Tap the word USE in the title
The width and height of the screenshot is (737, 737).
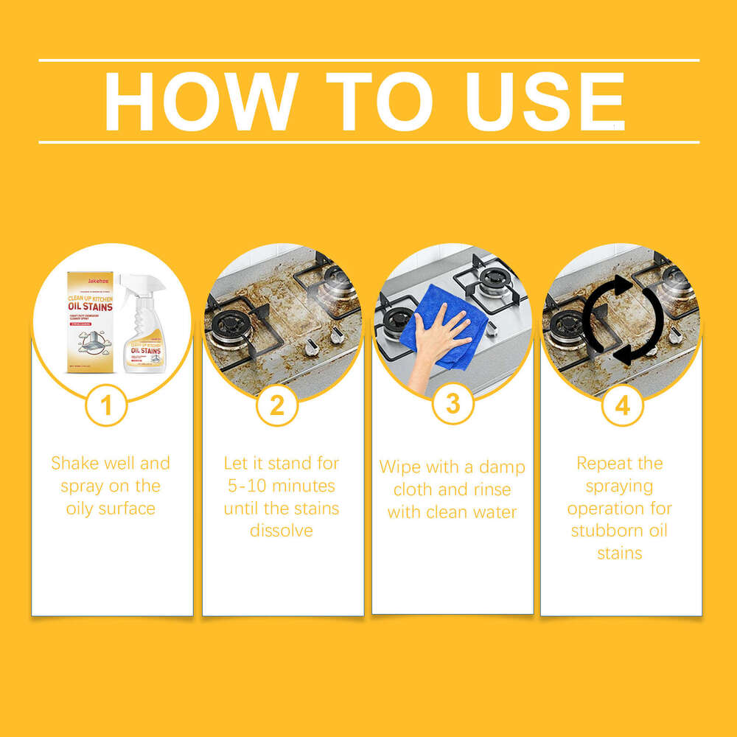pos(545,102)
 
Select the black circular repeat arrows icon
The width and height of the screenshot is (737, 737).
pos(624,320)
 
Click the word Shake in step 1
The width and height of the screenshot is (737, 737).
pos(74,464)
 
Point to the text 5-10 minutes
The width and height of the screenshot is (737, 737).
pos(282,486)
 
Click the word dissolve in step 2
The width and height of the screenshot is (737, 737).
pos(282,531)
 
